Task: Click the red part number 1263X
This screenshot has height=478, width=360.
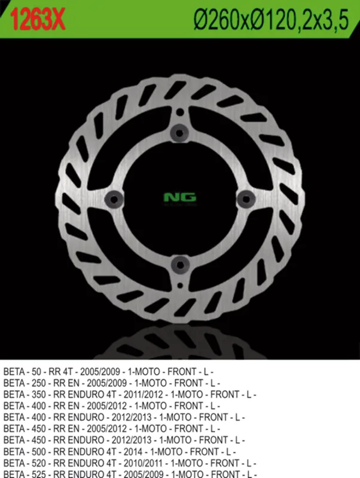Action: (38, 19)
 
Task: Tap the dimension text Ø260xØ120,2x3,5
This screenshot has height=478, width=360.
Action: (271, 19)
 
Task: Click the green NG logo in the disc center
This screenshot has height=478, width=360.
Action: (180, 198)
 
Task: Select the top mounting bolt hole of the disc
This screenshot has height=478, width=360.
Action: (179, 133)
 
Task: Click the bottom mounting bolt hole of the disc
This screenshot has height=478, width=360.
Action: (181, 265)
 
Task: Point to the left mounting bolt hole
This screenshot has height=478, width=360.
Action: (114, 200)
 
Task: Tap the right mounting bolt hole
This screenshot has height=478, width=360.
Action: (246, 200)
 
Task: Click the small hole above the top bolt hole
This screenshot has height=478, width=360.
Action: (180, 112)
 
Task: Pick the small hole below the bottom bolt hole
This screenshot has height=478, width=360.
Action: (181, 286)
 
